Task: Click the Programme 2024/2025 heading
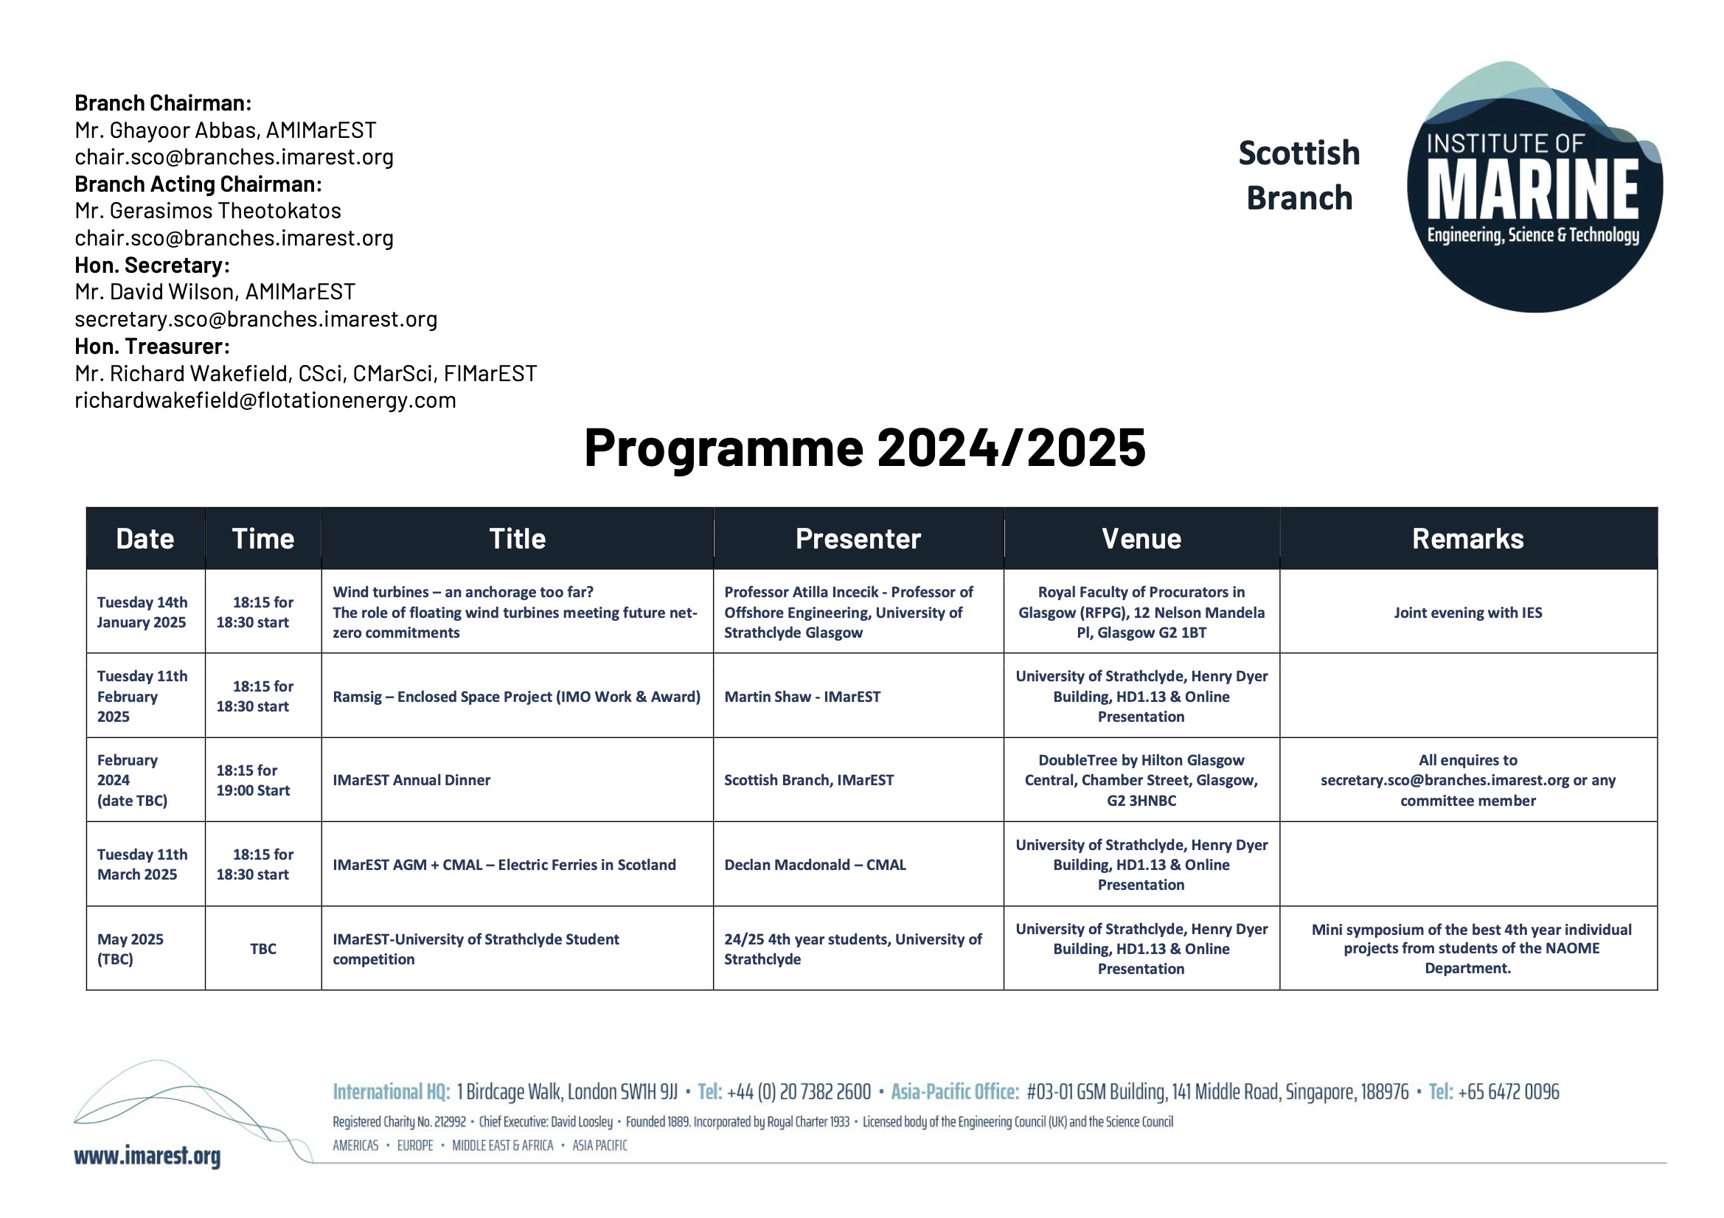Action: tap(864, 448)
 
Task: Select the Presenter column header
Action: tap(858, 538)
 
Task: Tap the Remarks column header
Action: tap(1467, 538)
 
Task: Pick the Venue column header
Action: tap(1141, 538)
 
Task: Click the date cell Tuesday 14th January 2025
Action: tap(142, 612)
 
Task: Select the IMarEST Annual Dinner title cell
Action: tap(411, 779)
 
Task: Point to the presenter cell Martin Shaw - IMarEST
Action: tap(802, 696)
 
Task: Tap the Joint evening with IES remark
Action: tap(1467, 612)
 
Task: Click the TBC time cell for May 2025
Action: tap(263, 948)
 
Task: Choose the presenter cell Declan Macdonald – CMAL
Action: tap(815, 864)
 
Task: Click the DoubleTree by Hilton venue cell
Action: tap(1141, 779)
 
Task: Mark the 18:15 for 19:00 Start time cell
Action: tap(253, 779)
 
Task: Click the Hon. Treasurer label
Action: tap(152, 347)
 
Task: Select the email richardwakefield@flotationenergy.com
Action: tap(265, 400)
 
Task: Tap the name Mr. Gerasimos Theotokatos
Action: tap(208, 210)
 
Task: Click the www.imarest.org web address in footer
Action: tap(147, 1155)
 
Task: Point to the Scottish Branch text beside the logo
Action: tap(1299, 175)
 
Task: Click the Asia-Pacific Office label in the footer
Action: tap(954, 1091)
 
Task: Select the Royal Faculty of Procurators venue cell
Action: tap(1141, 612)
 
